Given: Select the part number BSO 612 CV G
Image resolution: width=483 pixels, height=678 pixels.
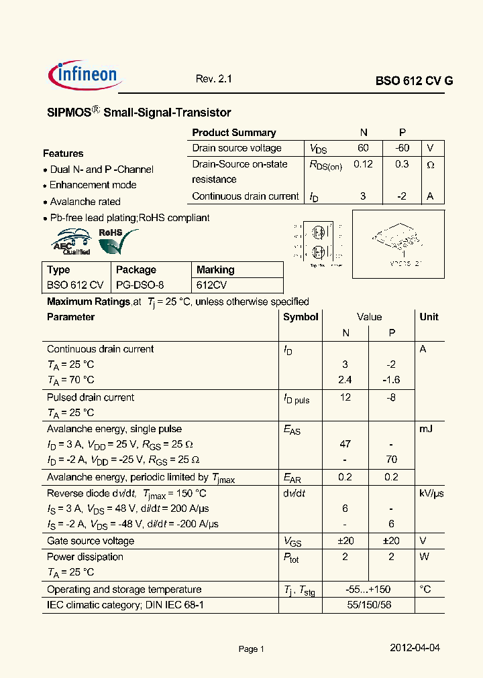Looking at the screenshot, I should pyautogui.click(x=414, y=80).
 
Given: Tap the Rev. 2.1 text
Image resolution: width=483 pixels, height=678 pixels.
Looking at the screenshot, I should pyautogui.click(x=213, y=78).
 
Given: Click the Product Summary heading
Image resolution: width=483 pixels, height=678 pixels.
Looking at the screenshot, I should pyautogui.click(x=233, y=133).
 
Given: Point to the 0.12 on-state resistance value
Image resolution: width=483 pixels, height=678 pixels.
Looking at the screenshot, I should pyautogui.click(x=363, y=164).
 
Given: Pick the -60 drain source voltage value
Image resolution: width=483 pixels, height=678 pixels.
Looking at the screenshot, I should pyautogui.click(x=402, y=148).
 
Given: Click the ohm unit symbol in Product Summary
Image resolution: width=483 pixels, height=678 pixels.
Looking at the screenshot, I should pyautogui.click(x=431, y=165).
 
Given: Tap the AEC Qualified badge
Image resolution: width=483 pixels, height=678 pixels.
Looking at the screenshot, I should pyautogui.click(x=72, y=243).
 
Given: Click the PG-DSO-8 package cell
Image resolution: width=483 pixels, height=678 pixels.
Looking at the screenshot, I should pyautogui.click(x=140, y=285).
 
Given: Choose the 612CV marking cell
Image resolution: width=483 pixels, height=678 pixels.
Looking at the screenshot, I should pyautogui.click(x=212, y=285).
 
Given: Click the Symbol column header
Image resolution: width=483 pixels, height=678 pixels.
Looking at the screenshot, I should pyautogui.click(x=301, y=317).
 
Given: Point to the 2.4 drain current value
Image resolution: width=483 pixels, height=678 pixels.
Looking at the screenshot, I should pyautogui.click(x=345, y=380).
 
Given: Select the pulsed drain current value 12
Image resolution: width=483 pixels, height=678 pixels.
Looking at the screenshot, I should pyautogui.click(x=345, y=397).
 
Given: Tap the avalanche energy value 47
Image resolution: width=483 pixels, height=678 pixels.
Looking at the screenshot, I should pyautogui.click(x=345, y=444).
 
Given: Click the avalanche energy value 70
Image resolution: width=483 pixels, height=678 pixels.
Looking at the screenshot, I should pyautogui.click(x=392, y=460).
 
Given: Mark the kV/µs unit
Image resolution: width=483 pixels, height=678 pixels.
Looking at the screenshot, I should pyautogui.click(x=431, y=493).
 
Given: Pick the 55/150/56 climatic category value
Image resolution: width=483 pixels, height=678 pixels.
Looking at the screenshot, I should pyautogui.click(x=368, y=605).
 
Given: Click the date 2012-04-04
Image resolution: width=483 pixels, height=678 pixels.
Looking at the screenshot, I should pyautogui.click(x=415, y=648).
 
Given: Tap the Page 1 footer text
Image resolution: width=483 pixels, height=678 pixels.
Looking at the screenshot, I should pyautogui.click(x=252, y=649).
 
